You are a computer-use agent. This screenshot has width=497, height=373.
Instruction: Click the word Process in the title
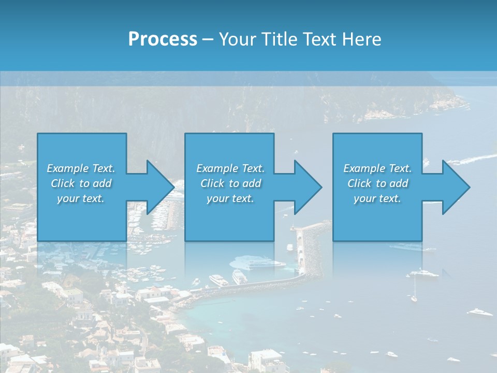[163, 39]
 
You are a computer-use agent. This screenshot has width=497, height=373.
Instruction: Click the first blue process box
[81, 218]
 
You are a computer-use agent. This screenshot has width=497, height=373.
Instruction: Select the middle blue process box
[229, 218]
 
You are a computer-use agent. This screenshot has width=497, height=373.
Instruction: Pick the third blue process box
[377, 218]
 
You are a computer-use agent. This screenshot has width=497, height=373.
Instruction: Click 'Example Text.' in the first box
[81, 168]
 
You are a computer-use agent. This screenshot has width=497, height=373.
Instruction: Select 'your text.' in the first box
[81, 198]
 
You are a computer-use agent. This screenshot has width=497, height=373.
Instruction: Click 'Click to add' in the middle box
[230, 183]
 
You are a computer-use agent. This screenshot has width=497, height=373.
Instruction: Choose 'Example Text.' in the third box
[377, 168]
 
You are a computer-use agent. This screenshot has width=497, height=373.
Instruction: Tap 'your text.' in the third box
[377, 198]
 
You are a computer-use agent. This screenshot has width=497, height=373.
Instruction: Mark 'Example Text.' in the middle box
[230, 168]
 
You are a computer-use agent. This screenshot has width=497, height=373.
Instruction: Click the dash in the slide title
[208, 39]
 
